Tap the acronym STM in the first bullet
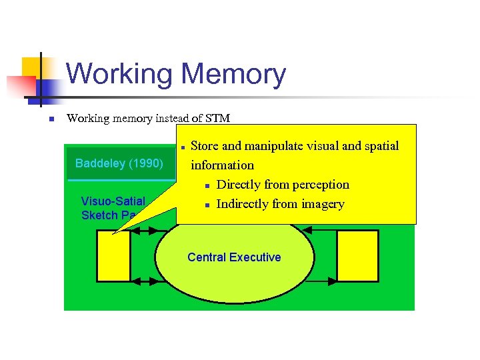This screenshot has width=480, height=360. pyautogui.click(x=218, y=119)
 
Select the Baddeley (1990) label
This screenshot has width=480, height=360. pyautogui.click(x=119, y=163)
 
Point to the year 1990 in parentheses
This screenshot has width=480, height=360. pyautogui.click(x=145, y=163)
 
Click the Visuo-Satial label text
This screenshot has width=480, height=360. pyautogui.click(x=113, y=201)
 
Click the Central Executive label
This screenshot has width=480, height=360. pyautogui.click(x=234, y=257)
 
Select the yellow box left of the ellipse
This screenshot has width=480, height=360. pyautogui.click(x=113, y=255)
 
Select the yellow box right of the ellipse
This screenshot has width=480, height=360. pyautogui.click(x=357, y=255)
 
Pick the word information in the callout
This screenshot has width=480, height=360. pyautogui.click(x=223, y=165)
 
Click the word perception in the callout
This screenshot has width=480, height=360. pyautogui.click(x=317, y=185)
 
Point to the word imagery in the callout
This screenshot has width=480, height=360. pyautogui.click(x=322, y=204)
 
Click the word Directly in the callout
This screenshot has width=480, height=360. pyautogui.click(x=241, y=185)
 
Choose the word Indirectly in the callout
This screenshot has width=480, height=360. pyautogui.click(x=247, y=204)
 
